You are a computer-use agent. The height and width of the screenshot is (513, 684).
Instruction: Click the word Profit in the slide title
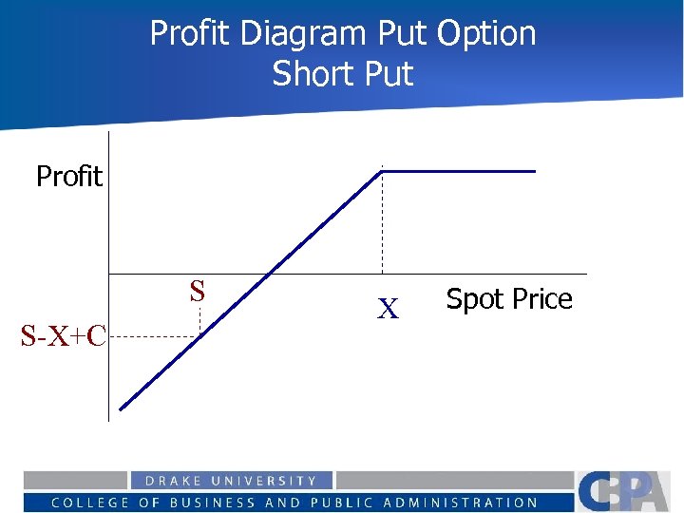pos(191,34)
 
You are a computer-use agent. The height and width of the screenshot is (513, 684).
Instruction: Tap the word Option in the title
pos(485,34)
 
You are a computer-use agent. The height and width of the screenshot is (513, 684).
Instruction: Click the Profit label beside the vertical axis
pos(68,176)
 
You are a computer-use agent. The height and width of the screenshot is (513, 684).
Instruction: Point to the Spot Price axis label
pos(509,299)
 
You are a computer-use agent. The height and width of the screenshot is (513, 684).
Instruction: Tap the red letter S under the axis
pos(197,291)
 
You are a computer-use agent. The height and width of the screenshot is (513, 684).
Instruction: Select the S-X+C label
pos(64,334)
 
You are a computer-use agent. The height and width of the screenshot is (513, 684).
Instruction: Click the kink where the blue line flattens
pos(382,171)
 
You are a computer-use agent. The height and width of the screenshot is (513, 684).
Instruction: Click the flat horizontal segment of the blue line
pos(456,171)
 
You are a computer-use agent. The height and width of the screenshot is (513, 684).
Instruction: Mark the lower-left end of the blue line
pos(122,409)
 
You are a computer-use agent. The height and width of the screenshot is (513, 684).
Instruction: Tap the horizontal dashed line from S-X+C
pos(152,336)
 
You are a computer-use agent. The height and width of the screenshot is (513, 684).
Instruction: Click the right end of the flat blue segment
pos(535,171)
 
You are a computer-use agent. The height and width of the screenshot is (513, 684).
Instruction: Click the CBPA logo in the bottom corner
pos(627,491)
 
